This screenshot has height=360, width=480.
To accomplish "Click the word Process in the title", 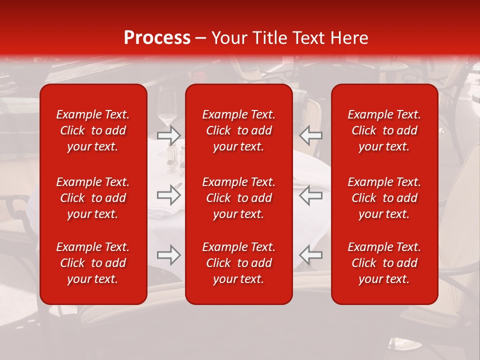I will coord(157,38).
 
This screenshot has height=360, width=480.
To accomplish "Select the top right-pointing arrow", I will coord(169,135).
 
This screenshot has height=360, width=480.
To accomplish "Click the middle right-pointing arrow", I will coord(169,194).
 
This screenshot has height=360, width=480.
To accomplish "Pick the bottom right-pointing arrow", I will coord(169,255).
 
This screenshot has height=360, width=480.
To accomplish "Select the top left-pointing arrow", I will coord(310,135).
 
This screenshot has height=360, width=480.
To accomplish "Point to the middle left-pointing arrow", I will coord(310,194).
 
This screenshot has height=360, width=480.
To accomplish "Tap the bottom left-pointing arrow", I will coord(310,255).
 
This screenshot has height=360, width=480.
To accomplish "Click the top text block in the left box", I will coord(93,130).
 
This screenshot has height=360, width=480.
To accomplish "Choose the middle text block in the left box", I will coord(93,198).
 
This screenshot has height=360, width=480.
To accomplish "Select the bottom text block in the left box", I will coord(93,263).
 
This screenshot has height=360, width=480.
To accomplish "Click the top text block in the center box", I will coord(238,130).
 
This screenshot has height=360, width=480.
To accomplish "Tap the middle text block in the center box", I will coord(238,198).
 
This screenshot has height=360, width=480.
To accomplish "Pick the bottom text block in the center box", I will coord(238,263).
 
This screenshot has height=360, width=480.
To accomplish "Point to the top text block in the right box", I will coord(384,130).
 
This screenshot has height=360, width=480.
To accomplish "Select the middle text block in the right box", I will coord(384,198).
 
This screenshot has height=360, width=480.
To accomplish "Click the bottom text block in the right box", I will coord(384,263).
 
